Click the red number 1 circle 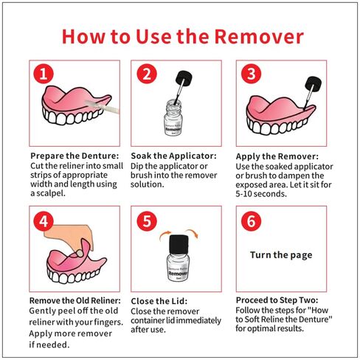click(x=44, y=74)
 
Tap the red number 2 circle click(x=147, y=74)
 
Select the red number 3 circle click(x=251, y=74)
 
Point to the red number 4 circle click(x=44, y=221)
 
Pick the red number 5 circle click(x=147, y=221)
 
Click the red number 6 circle click(x=251, y=221)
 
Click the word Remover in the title click(x=259, y=37)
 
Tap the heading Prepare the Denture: click(x=75, y=156)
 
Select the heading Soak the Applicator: click(x=173, y=156)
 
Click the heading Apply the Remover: click(x=277, y=156)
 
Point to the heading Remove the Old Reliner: click(x=75, y=300)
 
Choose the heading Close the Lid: click(x=159, y=301)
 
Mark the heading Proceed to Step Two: click(x=277, y=300)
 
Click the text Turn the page click(x=281, y=255)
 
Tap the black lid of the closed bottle click(x=179, y=244)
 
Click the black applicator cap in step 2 click(x=184, y=78)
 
